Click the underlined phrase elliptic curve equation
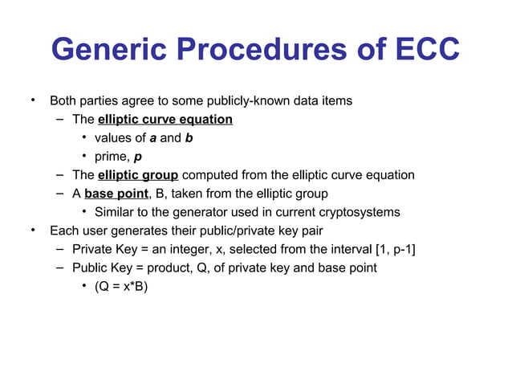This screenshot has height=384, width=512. click(165, 120)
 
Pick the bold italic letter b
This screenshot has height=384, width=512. click(189, 138)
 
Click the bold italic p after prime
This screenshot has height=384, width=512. click(138, 157)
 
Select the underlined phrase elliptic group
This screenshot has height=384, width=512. click(138, 175)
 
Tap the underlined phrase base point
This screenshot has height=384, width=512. click(116, 194)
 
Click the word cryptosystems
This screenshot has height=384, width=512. click(358, 212)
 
